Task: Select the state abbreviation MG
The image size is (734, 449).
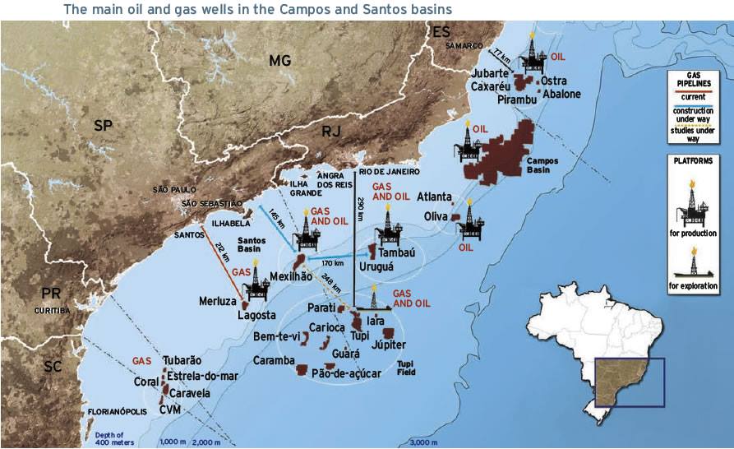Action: pos(280,60)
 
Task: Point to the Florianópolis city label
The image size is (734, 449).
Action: pos(116,410)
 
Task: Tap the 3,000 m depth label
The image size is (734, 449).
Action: pos(423,442)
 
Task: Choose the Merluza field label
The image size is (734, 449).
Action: pos(218,301)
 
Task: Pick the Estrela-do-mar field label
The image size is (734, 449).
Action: pos(202,377)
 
